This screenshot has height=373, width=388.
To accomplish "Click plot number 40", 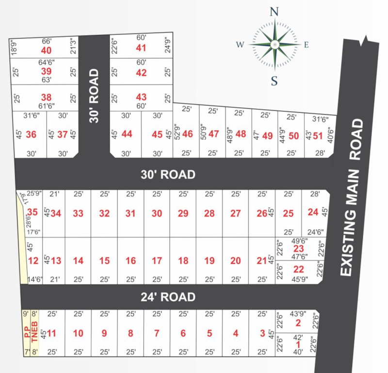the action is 47,50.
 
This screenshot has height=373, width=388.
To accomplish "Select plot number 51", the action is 318,136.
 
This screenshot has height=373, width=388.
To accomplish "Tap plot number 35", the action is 32,212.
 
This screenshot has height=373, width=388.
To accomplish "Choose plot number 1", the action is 298,344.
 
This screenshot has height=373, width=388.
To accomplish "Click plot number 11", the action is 52,333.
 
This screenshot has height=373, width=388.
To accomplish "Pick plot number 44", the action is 127,134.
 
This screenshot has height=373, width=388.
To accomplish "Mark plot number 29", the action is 183,213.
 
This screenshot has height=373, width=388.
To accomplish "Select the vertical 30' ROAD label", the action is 94,95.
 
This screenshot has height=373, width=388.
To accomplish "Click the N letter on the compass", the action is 274,11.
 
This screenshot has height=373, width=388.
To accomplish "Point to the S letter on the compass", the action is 274,81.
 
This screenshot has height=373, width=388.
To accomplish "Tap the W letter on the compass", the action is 240,45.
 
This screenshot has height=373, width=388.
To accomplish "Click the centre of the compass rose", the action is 274,45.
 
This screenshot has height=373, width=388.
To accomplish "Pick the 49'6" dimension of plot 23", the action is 298,240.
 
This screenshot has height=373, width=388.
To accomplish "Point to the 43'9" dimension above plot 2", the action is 298,314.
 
